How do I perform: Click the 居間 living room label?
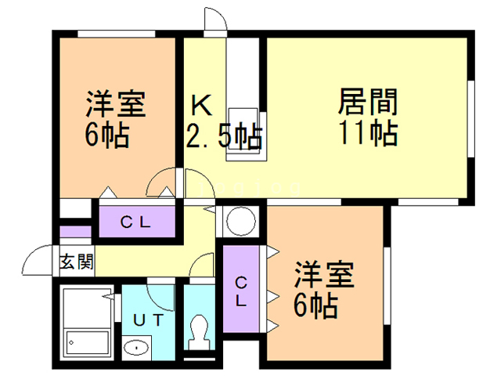click(x=369, y=103)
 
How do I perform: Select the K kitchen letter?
click(x=200, y=104)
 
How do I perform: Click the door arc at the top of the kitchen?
click(x=214, y=20)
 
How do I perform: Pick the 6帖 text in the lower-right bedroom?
click(x=316, y=305)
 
